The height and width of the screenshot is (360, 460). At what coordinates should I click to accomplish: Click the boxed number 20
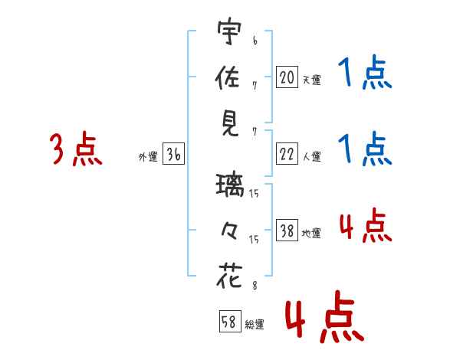tap(287, 77)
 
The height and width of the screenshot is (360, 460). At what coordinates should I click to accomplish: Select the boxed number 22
tap(287, 154)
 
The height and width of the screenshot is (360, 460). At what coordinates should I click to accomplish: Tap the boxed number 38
tap(287, 231)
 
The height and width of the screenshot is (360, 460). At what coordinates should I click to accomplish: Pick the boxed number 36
tap(173, 154)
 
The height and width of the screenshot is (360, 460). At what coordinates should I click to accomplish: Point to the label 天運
tap(311, 80)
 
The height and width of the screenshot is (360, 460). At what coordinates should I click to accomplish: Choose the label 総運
tap(255, 324)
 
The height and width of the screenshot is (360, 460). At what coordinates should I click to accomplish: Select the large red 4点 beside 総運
tap(322, 319)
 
